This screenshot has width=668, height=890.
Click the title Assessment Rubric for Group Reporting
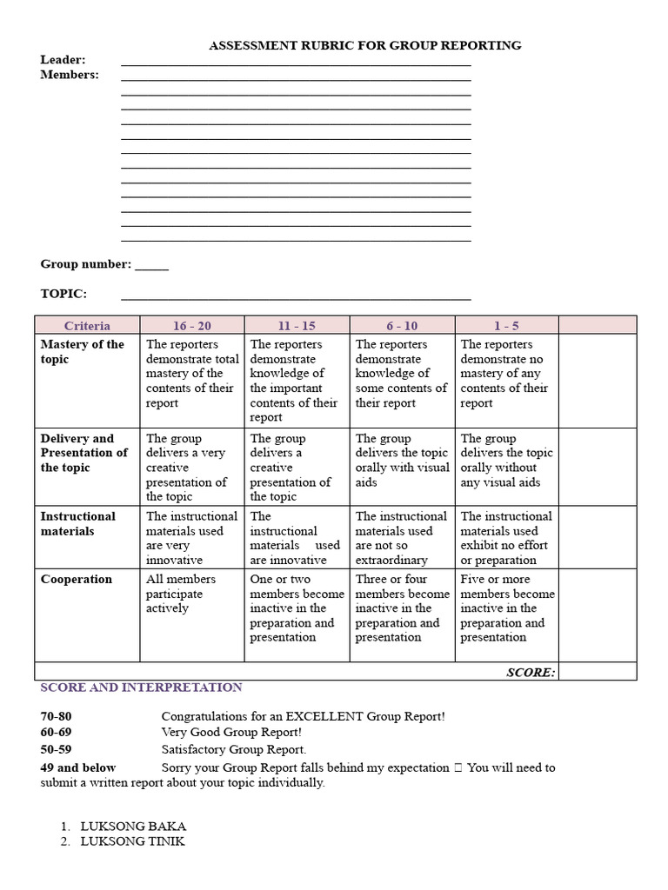pos(364,45)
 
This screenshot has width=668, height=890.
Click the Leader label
pos(63,60)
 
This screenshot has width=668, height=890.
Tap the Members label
pos(70,75)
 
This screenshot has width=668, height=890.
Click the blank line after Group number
pos(151,265)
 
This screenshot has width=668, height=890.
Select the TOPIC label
pos(63,295)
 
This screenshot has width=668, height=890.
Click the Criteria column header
pos(87,326)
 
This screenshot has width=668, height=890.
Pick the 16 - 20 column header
pos(191,326)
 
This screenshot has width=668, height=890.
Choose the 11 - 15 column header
pos(297,326)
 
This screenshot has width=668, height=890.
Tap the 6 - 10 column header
pos(402,326)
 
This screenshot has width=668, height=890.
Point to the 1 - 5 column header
pos(506,326)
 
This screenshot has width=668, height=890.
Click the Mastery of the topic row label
pos(82,352)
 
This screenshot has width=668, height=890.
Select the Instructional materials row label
pos(77,523)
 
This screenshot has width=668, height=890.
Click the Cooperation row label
pos(76,580)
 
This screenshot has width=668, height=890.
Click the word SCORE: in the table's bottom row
pos(531,672)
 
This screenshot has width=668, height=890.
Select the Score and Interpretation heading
pos(141,687)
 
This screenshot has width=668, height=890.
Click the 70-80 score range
pos(56,717)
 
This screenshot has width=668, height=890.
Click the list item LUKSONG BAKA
pos(133,827)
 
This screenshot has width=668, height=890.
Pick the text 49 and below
pos(78,767)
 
